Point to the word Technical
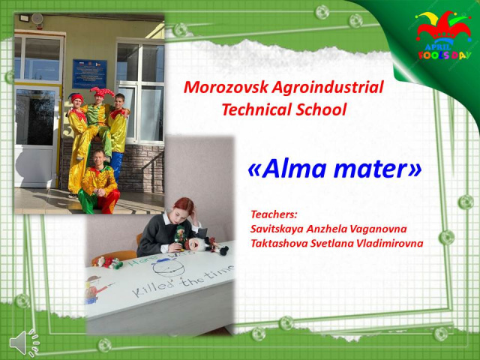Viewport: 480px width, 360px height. tap(254, 109)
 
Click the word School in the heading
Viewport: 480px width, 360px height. tap(319, 109)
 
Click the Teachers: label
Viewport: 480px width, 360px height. tap(274, 213)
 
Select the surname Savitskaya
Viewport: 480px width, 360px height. tap(279, 228)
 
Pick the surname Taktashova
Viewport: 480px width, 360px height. tap(280, 243)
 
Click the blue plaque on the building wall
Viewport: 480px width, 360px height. tap(89, 74)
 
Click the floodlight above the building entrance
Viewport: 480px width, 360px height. tap(25, 16)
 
